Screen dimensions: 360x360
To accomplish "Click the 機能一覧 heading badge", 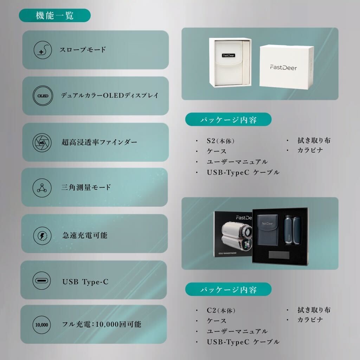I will [x=54, y=15].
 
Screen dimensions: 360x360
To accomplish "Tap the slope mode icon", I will [x=42, y=50].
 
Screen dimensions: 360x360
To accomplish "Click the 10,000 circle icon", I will [x=41, y=324].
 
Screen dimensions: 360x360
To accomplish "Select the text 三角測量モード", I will [x=86, y=187].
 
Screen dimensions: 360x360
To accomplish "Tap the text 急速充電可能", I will [x=84, y=235].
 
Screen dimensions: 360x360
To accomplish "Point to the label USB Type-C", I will [x=85, y=282].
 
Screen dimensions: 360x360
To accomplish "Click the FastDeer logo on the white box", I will [x=283, y=67].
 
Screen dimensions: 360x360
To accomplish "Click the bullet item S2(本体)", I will [x=220, y=141].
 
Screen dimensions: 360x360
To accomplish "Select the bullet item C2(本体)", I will [x=221, y=310].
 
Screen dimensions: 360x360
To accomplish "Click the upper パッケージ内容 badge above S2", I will [x=229, y=120].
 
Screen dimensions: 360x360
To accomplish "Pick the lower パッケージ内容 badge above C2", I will [x=229, y=290].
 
